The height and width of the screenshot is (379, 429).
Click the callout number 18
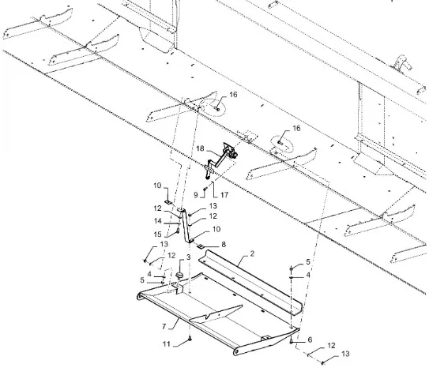click(200, 148)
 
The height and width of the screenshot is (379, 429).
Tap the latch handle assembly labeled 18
click(220, 160)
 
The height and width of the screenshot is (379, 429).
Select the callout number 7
click(164, 326)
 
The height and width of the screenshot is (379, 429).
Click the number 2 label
click(252, 253)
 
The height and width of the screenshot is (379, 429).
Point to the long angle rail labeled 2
click(250, 283)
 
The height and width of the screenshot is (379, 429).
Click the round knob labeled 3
click(179, 275)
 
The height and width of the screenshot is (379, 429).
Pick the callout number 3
click(188, 257)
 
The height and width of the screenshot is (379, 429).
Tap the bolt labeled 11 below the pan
click(190, 339)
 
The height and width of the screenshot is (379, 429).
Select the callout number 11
click(167, 344)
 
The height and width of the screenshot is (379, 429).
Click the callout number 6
click(310, 340)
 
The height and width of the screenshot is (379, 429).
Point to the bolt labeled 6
click(292, 341)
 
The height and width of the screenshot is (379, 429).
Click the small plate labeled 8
click(201, 246)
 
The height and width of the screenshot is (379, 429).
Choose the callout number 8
click(224, 245)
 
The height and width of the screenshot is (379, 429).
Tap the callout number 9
click(196, 195)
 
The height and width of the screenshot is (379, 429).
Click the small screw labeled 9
click(205, 189)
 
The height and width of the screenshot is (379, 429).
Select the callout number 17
click(224, 195)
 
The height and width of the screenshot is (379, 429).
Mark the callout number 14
click(158, 220)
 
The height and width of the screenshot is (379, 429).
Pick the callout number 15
click(157, 235)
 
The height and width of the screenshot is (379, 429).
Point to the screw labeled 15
click(178, 231)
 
